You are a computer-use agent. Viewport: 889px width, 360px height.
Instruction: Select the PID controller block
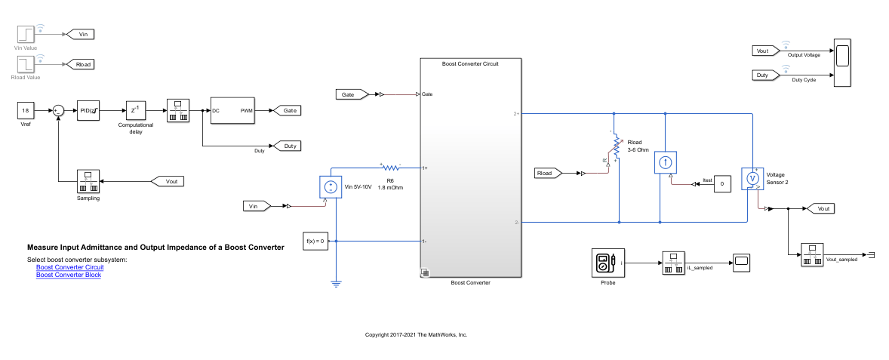pos(88,111)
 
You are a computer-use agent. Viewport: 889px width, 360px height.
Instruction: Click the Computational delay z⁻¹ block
pos(134,110)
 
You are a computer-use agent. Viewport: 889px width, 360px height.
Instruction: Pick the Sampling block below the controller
pos(88,182)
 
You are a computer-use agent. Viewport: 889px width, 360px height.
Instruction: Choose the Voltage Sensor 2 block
pos(752,179)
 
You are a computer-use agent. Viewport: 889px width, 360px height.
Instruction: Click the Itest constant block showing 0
pos(722,183)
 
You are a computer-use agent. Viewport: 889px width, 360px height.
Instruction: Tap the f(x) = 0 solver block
pos(315,242)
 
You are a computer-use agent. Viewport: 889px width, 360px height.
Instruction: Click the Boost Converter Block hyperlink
pos(69,275)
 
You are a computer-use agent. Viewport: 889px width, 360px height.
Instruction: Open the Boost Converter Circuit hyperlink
pos(70,267)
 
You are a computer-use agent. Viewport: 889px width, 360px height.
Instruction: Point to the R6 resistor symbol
pos(392,167)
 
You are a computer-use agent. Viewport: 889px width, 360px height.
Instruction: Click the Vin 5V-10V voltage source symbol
pos(331,186)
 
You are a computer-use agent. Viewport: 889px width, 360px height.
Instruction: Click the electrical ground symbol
pos(336,284)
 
